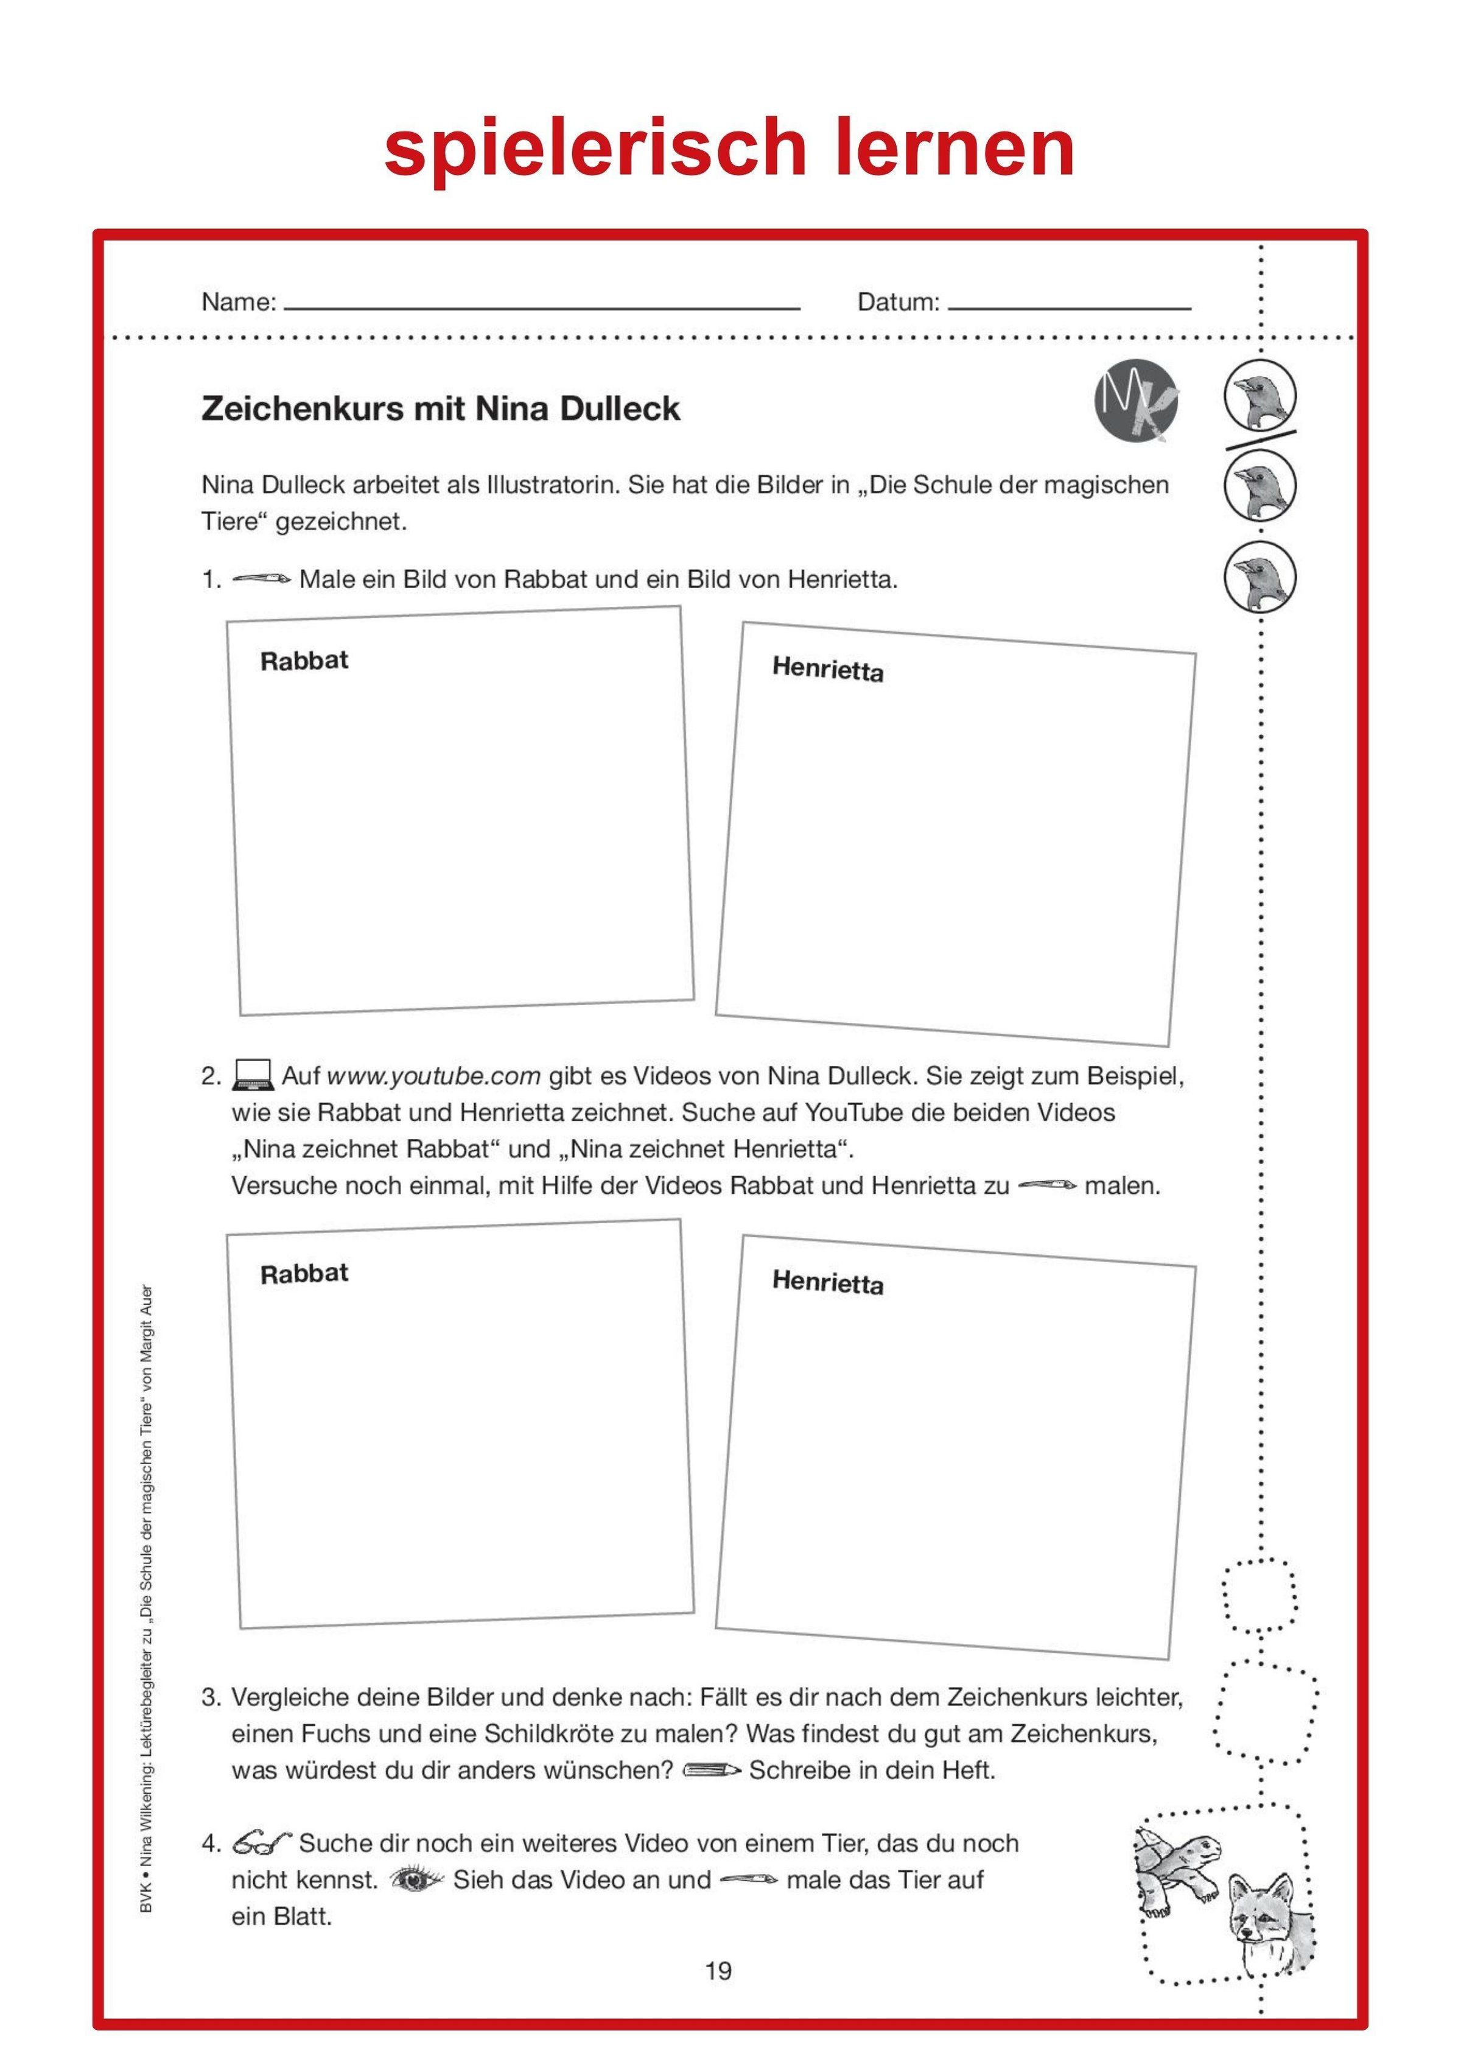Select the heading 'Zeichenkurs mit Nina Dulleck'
click(x=440, y=409)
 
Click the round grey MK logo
click(x=1136, y=405)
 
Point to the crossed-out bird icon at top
click(x=1260, y=397)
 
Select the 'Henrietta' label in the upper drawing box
click(x=827, y=669)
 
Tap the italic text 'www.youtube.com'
click(x=433, y=1076)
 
